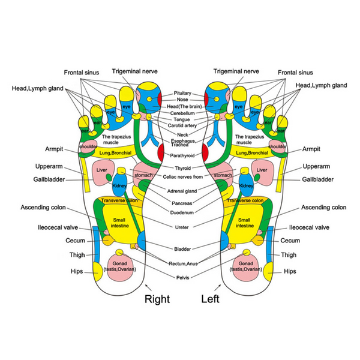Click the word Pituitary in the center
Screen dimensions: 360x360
coord(182,94)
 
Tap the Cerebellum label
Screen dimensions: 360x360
coord(182,113)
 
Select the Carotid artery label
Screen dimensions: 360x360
coord(182,125)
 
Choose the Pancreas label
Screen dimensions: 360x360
coord(182,203)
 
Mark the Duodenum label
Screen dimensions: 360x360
coord(182,212)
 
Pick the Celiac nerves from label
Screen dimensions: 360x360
coord(182,176)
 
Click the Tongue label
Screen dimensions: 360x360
coord(182,119)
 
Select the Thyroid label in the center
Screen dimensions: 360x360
coord(182,167)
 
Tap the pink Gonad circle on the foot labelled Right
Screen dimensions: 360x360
coord(123,265)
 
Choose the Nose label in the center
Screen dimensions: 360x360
coord(182,100)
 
